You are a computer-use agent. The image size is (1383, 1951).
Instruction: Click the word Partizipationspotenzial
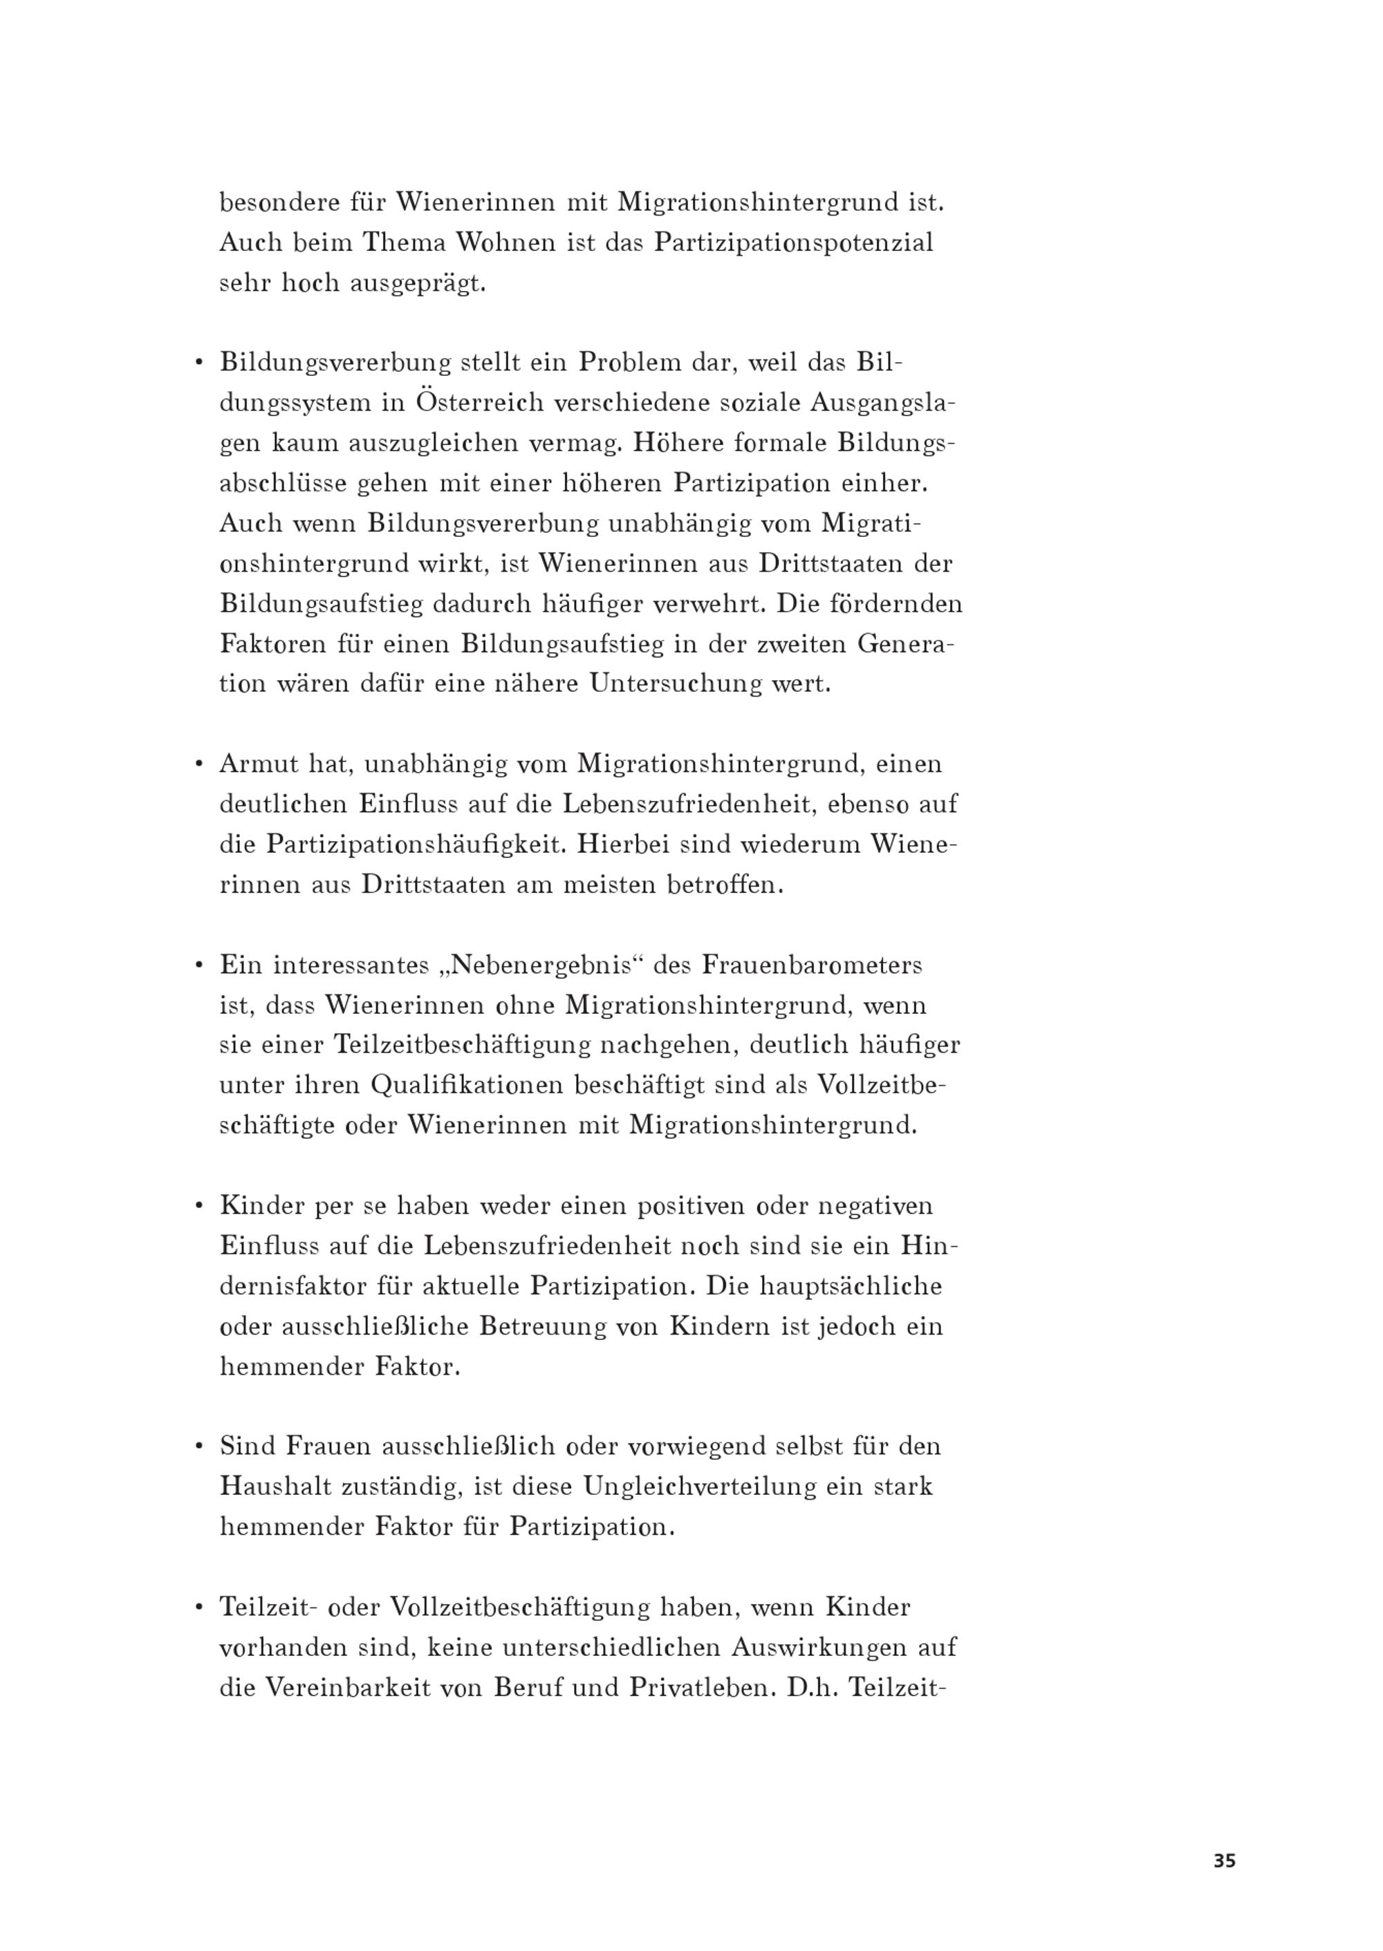tap(794, 243)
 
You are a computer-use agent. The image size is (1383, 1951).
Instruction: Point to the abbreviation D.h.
tap(814, 1687)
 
